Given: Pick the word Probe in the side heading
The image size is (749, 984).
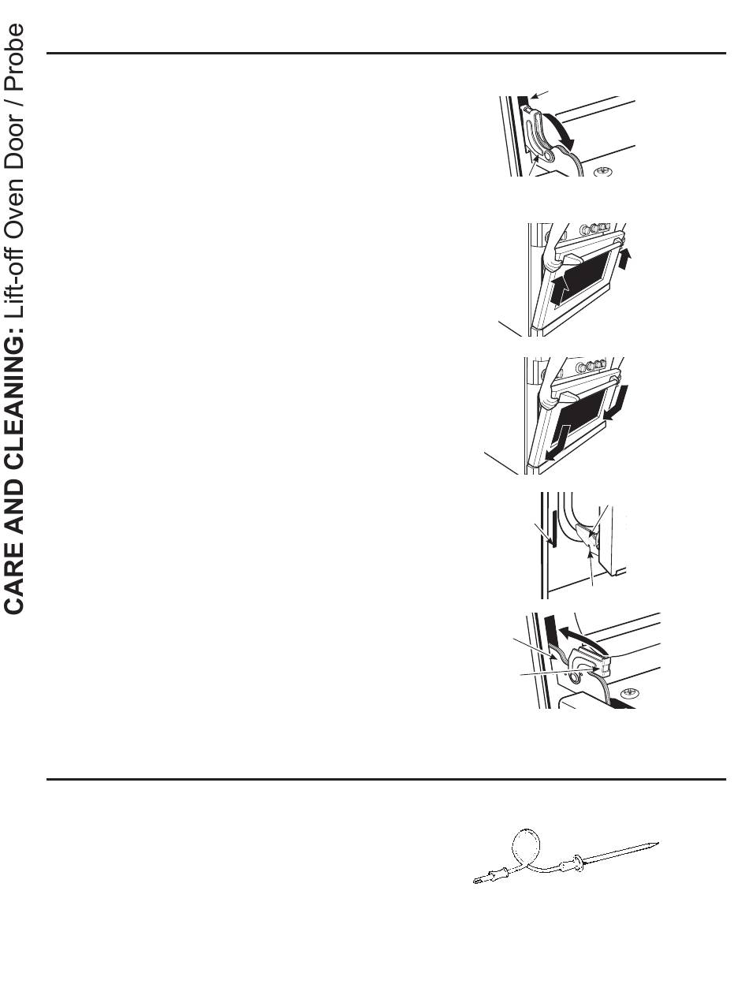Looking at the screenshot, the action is click(13, 57).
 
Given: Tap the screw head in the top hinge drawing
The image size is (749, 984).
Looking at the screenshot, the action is click(603, 171).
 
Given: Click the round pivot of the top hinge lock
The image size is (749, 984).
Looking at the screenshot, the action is click(548, 155).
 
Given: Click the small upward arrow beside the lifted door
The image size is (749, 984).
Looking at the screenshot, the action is click(625, 259).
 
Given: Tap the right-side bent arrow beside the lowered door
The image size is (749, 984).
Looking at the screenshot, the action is click(617, 404).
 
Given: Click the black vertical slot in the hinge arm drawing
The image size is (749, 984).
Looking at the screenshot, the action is click(554, 529).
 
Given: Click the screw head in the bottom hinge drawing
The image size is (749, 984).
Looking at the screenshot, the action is click(630, 692).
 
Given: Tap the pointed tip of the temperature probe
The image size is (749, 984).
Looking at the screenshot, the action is click(658, 843).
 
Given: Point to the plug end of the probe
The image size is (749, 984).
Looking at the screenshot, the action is click(479, 881).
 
